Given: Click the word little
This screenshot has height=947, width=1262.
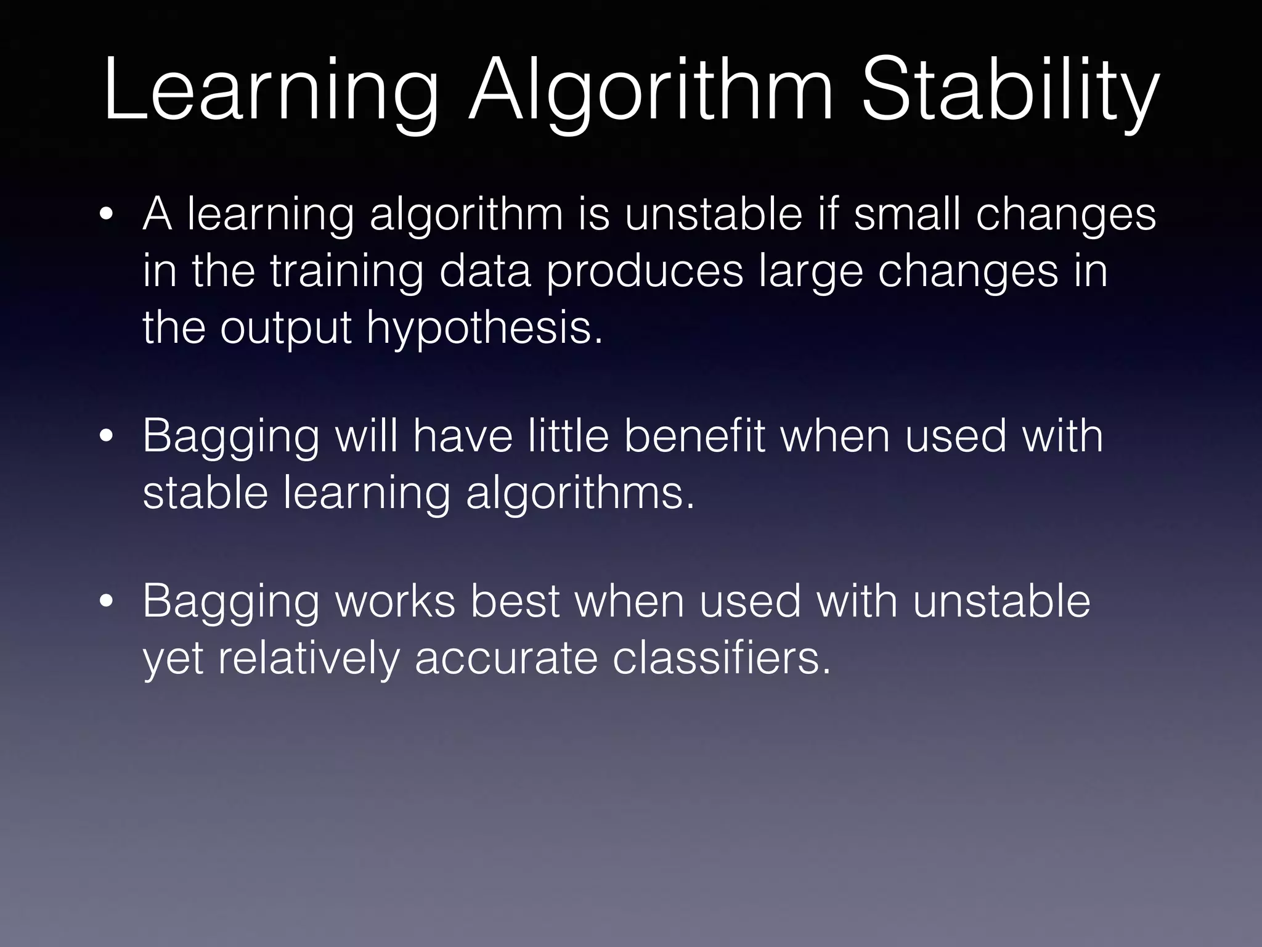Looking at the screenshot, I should point(568,436).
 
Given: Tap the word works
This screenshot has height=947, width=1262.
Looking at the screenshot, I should point(395,601).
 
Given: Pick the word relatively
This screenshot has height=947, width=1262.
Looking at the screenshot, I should point(309,658).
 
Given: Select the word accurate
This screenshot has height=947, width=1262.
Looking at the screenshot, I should point(506,658).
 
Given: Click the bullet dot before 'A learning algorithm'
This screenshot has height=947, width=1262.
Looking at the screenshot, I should point(107,216).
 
